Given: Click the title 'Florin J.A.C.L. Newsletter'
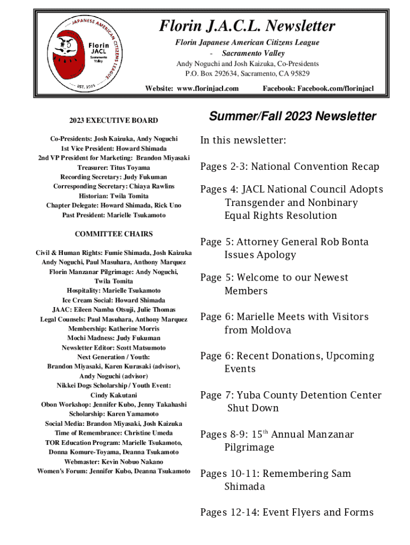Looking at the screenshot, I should (248, 26).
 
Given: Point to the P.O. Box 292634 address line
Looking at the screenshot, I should (248, 73).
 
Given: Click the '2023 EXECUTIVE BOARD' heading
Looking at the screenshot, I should (113, 121).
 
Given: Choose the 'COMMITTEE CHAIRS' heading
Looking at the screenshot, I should (113, 234).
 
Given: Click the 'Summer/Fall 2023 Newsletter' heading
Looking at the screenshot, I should (292, 117).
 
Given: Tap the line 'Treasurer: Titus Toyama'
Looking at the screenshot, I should (113, 167).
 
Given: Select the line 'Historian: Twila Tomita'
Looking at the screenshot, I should (113, 196).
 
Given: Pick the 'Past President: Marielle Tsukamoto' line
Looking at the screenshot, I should (113, 215).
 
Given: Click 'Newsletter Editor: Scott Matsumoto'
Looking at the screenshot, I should (113, 348).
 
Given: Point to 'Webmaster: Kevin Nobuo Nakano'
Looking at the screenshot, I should (113, 461).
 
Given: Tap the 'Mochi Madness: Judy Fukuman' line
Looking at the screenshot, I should (113, 338).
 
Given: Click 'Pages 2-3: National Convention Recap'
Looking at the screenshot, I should (290, 167).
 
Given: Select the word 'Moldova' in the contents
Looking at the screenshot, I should (258, 330).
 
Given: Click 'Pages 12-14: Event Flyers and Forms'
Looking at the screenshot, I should (286, 512).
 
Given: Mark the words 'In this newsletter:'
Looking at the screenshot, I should (243, 141).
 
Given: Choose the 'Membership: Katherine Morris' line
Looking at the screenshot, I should (113, 328).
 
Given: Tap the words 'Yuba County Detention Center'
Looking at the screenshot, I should (309, 395).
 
